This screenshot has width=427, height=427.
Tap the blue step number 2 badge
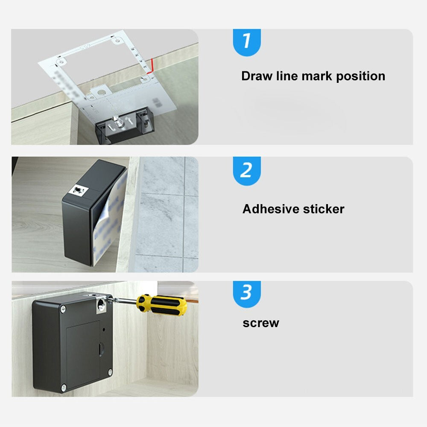246,170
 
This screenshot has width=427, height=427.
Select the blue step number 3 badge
246,294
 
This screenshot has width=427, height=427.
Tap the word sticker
323,209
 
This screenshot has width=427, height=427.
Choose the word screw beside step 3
260,323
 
